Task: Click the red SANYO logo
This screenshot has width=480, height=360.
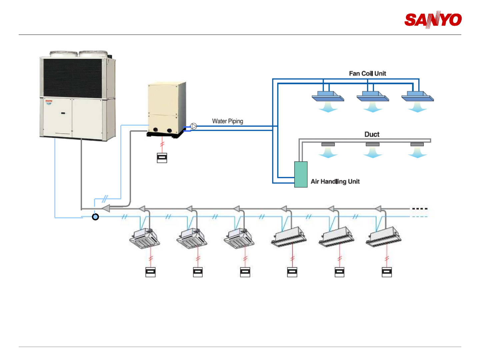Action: point(433,20)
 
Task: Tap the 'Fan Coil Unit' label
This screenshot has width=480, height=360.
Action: point(367,73)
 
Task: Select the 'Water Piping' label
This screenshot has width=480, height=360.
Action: point(227,121)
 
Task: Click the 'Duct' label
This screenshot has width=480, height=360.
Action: point(372,134)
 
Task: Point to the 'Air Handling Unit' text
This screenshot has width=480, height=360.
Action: point(335,182)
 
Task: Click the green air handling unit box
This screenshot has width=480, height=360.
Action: point(301,174)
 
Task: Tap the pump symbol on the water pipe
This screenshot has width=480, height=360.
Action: point(194,126)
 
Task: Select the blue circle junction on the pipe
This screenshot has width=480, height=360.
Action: point(95,217)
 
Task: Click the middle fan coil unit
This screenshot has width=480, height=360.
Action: point(373,97)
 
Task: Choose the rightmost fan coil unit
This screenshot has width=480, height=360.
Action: point(417,97)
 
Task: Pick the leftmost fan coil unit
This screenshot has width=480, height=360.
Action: point(328,97)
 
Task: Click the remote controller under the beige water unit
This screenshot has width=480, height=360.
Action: point(162,158)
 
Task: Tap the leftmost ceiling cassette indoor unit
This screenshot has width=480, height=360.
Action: point(145,238)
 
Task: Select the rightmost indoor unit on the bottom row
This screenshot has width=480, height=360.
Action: point(383,237)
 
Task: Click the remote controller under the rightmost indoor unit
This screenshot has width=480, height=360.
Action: point(387,272)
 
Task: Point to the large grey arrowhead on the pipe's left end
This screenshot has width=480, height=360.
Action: point(105,209)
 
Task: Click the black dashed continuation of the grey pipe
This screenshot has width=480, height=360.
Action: point(420,209)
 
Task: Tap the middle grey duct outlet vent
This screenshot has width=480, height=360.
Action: point(372,144)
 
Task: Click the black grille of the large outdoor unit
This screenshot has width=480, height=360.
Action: point(73,78)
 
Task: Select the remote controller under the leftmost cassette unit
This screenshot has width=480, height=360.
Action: point(151,272)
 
